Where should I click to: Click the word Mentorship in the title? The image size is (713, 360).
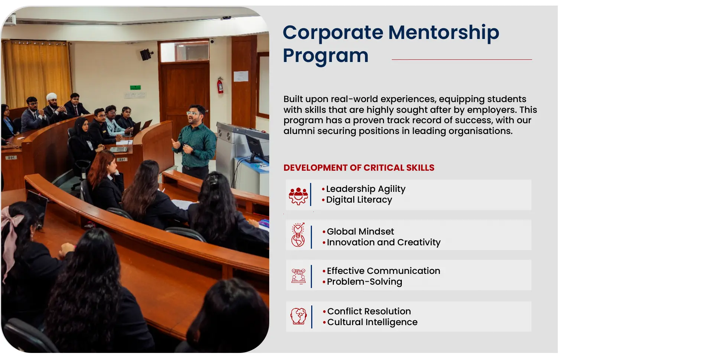[x=444, y=33]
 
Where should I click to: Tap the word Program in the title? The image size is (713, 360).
[x=326, y=56]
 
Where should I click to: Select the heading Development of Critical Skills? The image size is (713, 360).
[x=359, y=168]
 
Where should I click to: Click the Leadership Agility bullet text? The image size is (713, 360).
[x=366, y=189]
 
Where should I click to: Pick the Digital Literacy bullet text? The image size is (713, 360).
[x=359, y=200]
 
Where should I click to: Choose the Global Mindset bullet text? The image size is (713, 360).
[x=360, y=232]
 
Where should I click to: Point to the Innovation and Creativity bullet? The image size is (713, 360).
[x=384, y=242]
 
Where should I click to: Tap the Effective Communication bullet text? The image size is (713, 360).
[x=384, y=271]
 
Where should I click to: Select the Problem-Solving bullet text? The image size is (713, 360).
[x=364, y=282]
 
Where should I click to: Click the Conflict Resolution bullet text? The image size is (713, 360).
[x=369, y=311]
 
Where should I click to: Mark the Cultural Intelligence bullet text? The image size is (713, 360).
[x=372, y=322]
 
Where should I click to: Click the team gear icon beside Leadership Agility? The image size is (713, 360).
[x=298, y=196]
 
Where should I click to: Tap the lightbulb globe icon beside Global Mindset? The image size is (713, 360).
[x=298, y=235]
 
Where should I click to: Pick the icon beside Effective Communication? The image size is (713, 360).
[x=299, y=276]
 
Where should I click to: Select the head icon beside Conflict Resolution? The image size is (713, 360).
[x=299, y=316]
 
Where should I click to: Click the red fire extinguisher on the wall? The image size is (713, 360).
[x=220, y=85]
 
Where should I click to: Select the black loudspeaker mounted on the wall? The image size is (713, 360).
[x=146, y=55]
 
